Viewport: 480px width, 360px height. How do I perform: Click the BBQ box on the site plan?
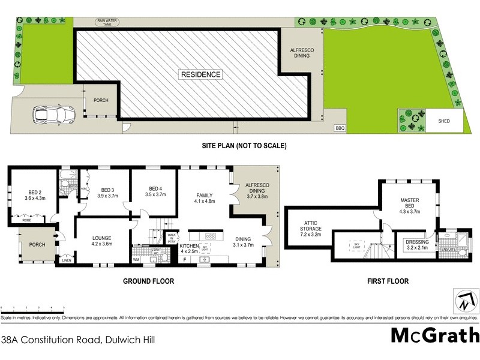click(340, 128)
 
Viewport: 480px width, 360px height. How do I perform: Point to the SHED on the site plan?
click(444, 121)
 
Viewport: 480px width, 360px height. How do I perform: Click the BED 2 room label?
click(34, 191)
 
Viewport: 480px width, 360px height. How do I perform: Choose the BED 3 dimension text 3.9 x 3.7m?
click(107, 195)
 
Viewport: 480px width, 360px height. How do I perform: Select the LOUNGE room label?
click(102, 238)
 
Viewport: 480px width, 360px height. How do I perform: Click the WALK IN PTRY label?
click(172, 238)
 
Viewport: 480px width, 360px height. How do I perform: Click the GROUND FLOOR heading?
click(148, 280)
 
